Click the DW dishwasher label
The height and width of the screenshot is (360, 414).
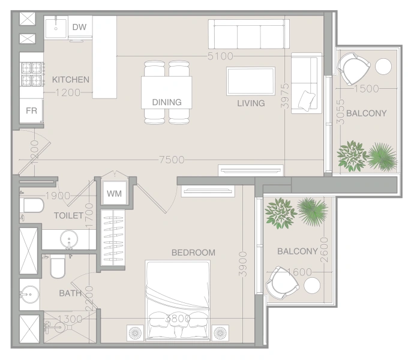pyautogui.click(x=79, y=27)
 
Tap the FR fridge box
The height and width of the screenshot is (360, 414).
pyautogui.click(x=31, y=111)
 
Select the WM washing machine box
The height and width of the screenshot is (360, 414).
pyautogui.click(x=113, y=194)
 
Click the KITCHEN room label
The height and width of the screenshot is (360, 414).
pyautogui.click(x=71, y=79)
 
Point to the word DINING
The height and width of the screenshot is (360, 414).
pyautogui.click(x=167, y=102)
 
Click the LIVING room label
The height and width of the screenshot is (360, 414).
pyautogui.click(x=251, y=103)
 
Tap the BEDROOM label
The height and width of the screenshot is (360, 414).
pyautogui.click(x=193, y=253)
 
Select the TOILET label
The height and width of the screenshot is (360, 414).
pyautogui.click(x=68, y=215)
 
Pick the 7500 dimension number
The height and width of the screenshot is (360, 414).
pyautogui.click(x=171, y=160)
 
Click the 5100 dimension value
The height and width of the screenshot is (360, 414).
pyautogui.click(x=220, y=56)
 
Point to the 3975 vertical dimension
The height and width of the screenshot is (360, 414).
pyautogui.click(x=286, y=96)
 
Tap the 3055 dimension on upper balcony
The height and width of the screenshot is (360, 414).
pyautogui.click(x=341, y=112)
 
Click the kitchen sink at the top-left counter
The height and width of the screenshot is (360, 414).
pyautogui.click(x=57, y=28)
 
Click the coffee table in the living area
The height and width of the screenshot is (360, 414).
pyautogui.click(x=250, y=81)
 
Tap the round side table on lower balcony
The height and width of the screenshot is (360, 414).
pyautogui.click(x=312, y=286)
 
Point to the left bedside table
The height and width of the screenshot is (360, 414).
pyautogui.click(x=134, y=332)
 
